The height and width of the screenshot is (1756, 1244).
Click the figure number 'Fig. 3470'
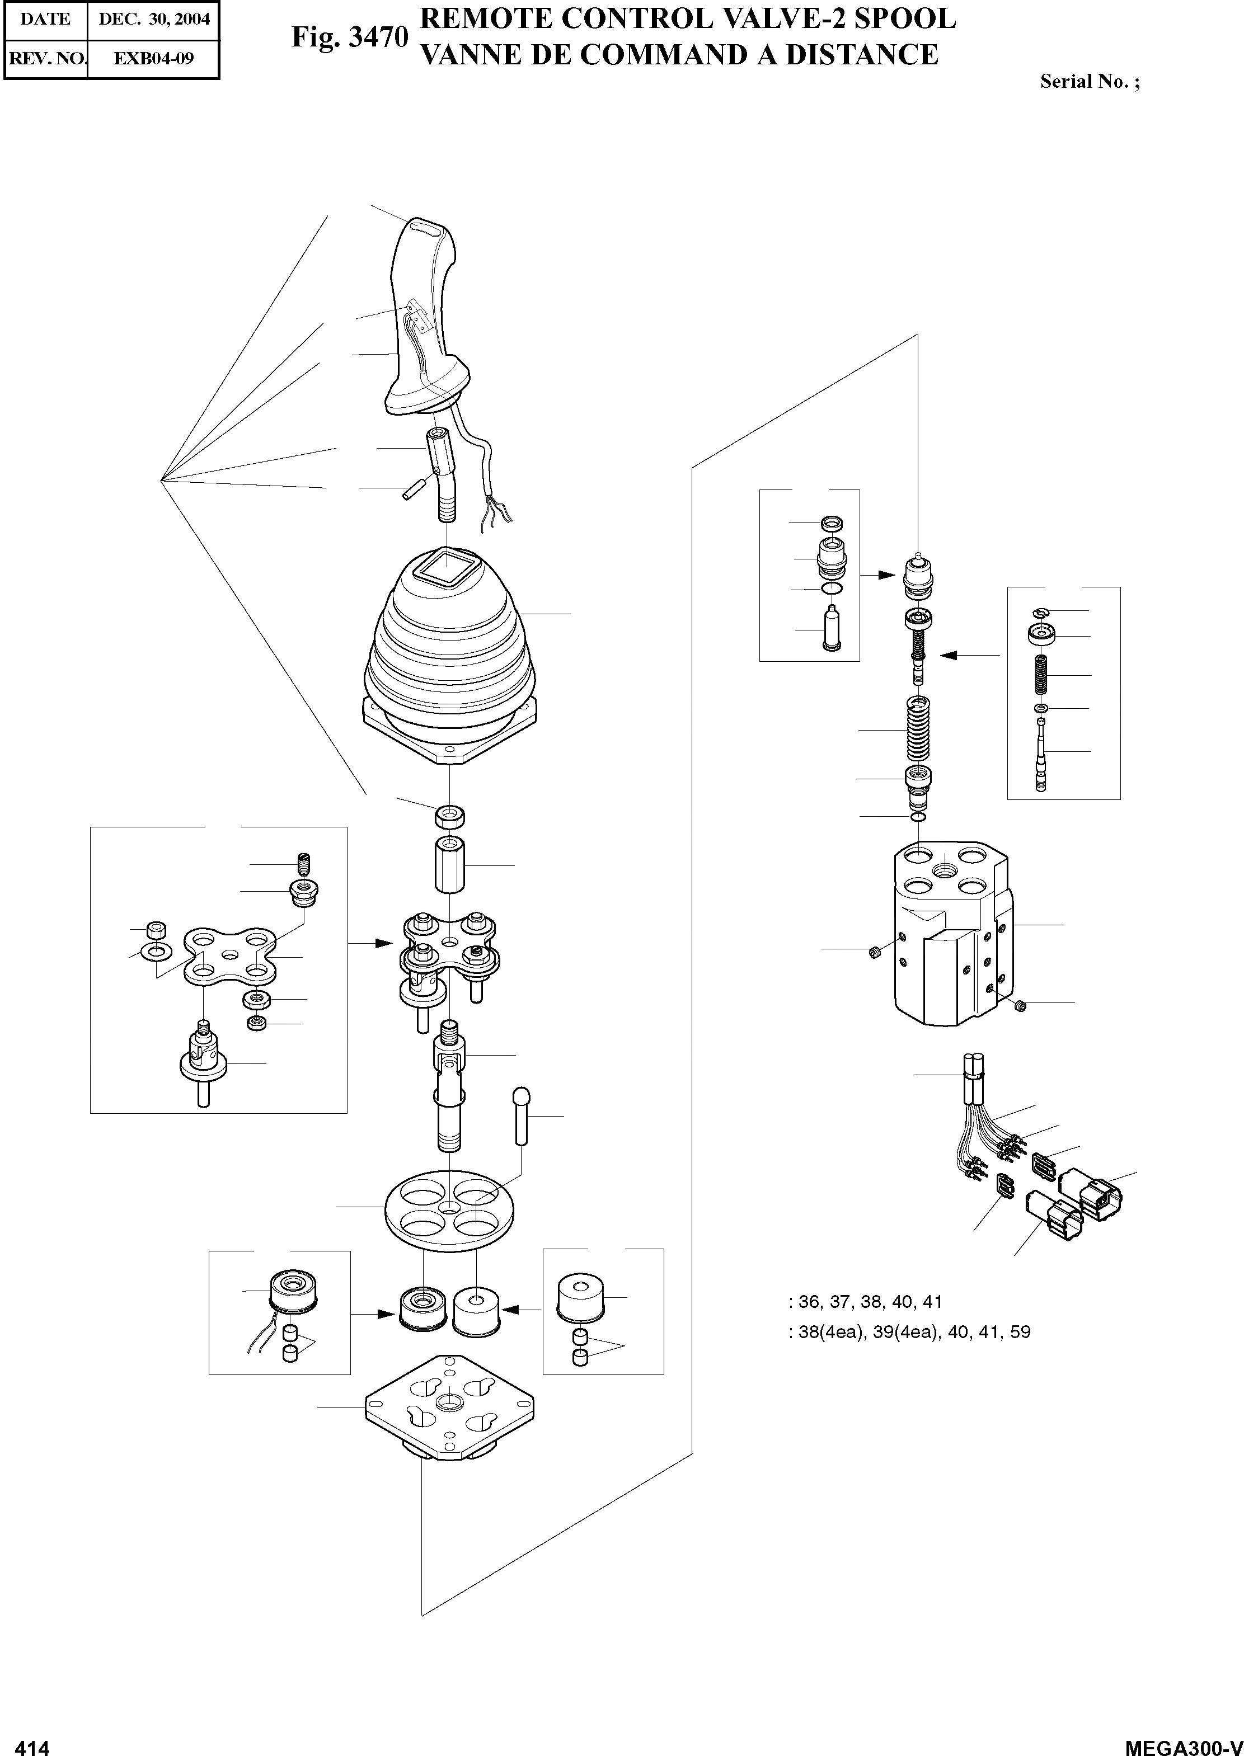[x=349, y=37]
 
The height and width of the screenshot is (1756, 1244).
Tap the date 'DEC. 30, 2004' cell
[x=154, y=19]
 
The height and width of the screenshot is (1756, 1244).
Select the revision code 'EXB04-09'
[x=154, y=58]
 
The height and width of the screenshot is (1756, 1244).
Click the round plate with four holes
[x=449, y=1211]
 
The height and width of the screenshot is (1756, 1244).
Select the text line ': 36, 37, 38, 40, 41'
[x=866, y=1301]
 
